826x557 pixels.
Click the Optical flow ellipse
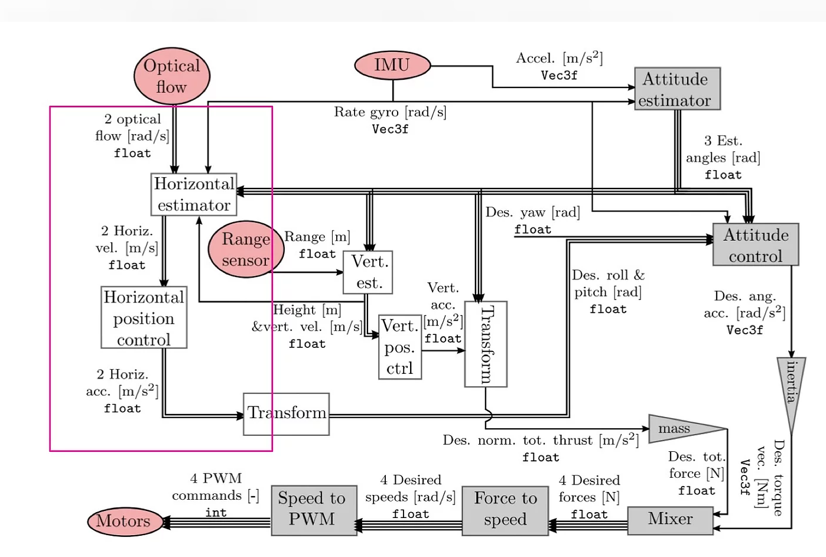pos(172,76)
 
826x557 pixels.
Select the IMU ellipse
pos(392,65)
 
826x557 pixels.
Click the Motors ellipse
pos(125,522)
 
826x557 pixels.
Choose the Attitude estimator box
pos(677,89)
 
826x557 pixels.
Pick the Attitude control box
pos(756,245)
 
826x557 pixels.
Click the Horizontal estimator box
pos(194,194)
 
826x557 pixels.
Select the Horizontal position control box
pos(144,318)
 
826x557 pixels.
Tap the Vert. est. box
pos(368,272)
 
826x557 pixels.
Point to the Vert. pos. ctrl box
pos(400,347)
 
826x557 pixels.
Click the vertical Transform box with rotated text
pos(486,344)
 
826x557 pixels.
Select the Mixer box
pos(670,520)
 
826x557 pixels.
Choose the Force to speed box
pos(505,510)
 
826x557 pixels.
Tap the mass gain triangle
pos(679,429)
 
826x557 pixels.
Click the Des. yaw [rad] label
pos(532,212)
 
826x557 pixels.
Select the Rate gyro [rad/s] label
pos(390,112)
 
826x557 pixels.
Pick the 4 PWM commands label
pos(215,487)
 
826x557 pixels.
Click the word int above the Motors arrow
pos(216,513)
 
